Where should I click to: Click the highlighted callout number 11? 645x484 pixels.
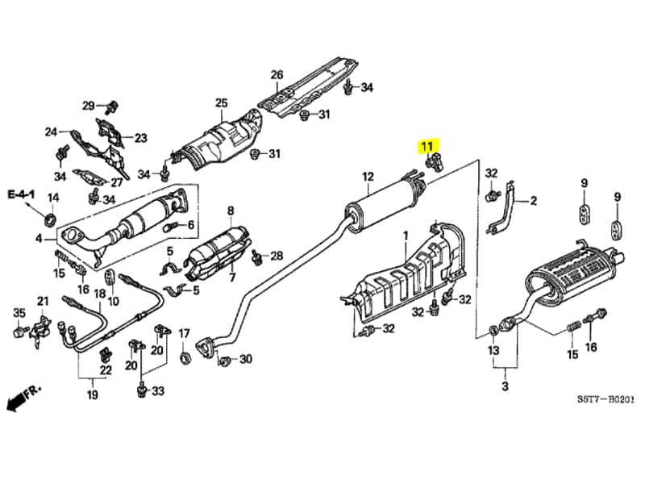pyautogui.click(x=425, y=147)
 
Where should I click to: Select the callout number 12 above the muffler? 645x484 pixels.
pyautogui.click(x=368, y=177)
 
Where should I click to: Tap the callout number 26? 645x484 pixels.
pyautogui.click(x=277, y=76)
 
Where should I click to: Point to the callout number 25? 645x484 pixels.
pyautogui.click(x=221, y=102)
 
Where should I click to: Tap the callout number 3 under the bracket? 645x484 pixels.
pyautogui.click(x=506, y=388)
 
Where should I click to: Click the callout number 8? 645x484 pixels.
pyautogui.click(x=231, y=211)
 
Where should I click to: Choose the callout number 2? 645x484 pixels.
pyautogui.click(x=533, y=202)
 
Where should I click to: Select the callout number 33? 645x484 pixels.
pyautogui.click(x=158, y=391)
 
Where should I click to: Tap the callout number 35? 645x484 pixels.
pyautogui.click(x=19, y=312)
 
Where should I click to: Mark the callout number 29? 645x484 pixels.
pyautogui.click(x=89, y=106)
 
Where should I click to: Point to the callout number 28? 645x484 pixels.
pyautogui.click(x=277, y=257)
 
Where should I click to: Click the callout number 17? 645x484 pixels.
pyautogui.click(x=184, y=333)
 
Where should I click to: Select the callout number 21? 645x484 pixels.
pyautogui.click(x=43, y=302)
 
